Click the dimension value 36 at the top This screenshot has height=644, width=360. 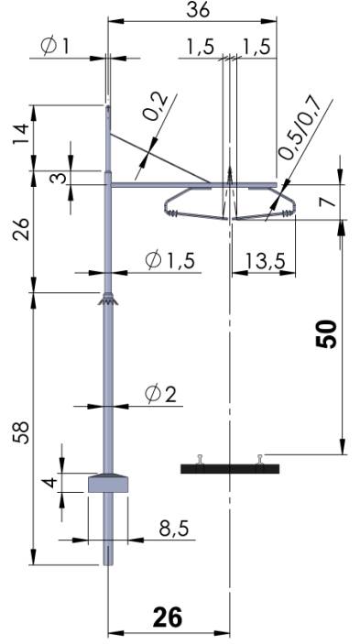pyautogui.click(x=198, y=10)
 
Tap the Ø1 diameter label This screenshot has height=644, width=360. pyautogui.click(x=55, y=47)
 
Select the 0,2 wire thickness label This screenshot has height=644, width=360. pyautogui.click(x=157, y=106)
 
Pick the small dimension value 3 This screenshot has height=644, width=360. pyautogui.click(x=60, y=178)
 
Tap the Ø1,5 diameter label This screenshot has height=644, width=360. pyautogui.click(x=170, y=260)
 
